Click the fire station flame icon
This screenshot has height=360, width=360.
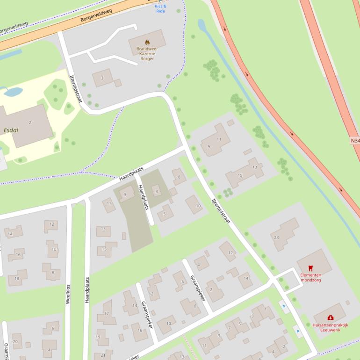(x=147, y=42)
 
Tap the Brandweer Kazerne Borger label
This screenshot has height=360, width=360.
(x=147, y=54)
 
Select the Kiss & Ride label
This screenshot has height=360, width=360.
(x=160, y=8)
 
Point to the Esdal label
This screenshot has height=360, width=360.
(x=10, y=130)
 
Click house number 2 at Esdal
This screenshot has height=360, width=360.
(x=30, y=122)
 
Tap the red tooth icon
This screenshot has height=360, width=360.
(x=310, y=268)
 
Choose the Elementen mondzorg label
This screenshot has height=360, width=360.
(x=310, y=278)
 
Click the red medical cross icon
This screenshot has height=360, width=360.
(x=331, y=318)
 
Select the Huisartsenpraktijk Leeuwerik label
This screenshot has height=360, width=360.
(x=330, y=327)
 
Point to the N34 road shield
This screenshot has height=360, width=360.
(x=355, y=140)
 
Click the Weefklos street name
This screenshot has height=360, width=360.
(x=68, y=294)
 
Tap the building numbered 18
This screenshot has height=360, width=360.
(x=17, y=278)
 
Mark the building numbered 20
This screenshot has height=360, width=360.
(x=15, y=342)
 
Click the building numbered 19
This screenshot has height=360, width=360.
(x=98, y=337)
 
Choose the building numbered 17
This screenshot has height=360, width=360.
(x=107, y=315)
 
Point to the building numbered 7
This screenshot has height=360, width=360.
(x=230, y=328)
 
